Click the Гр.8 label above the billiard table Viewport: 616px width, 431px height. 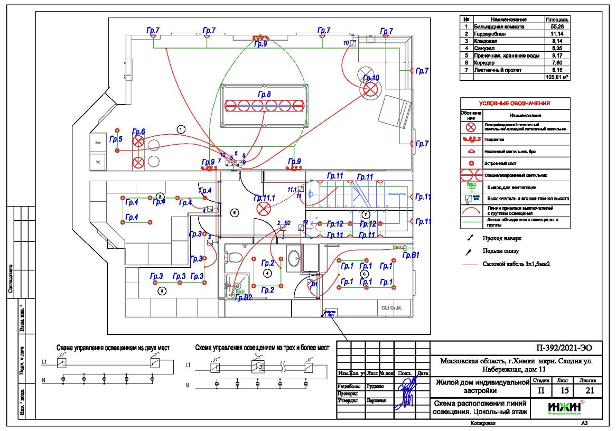click(264, 95)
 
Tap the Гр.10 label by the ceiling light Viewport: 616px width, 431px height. click(371, 78)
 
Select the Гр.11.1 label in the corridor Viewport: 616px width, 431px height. click(265, 198)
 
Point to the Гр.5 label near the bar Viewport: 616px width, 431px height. click(116, 139)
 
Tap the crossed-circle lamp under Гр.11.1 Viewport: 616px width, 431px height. click(263, 209)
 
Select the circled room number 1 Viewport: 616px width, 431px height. click(181, 128)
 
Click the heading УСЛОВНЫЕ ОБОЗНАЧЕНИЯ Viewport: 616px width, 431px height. click(515, 104)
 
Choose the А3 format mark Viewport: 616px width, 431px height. click(584, 423)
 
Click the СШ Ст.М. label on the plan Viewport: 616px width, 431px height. click(392, 307)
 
